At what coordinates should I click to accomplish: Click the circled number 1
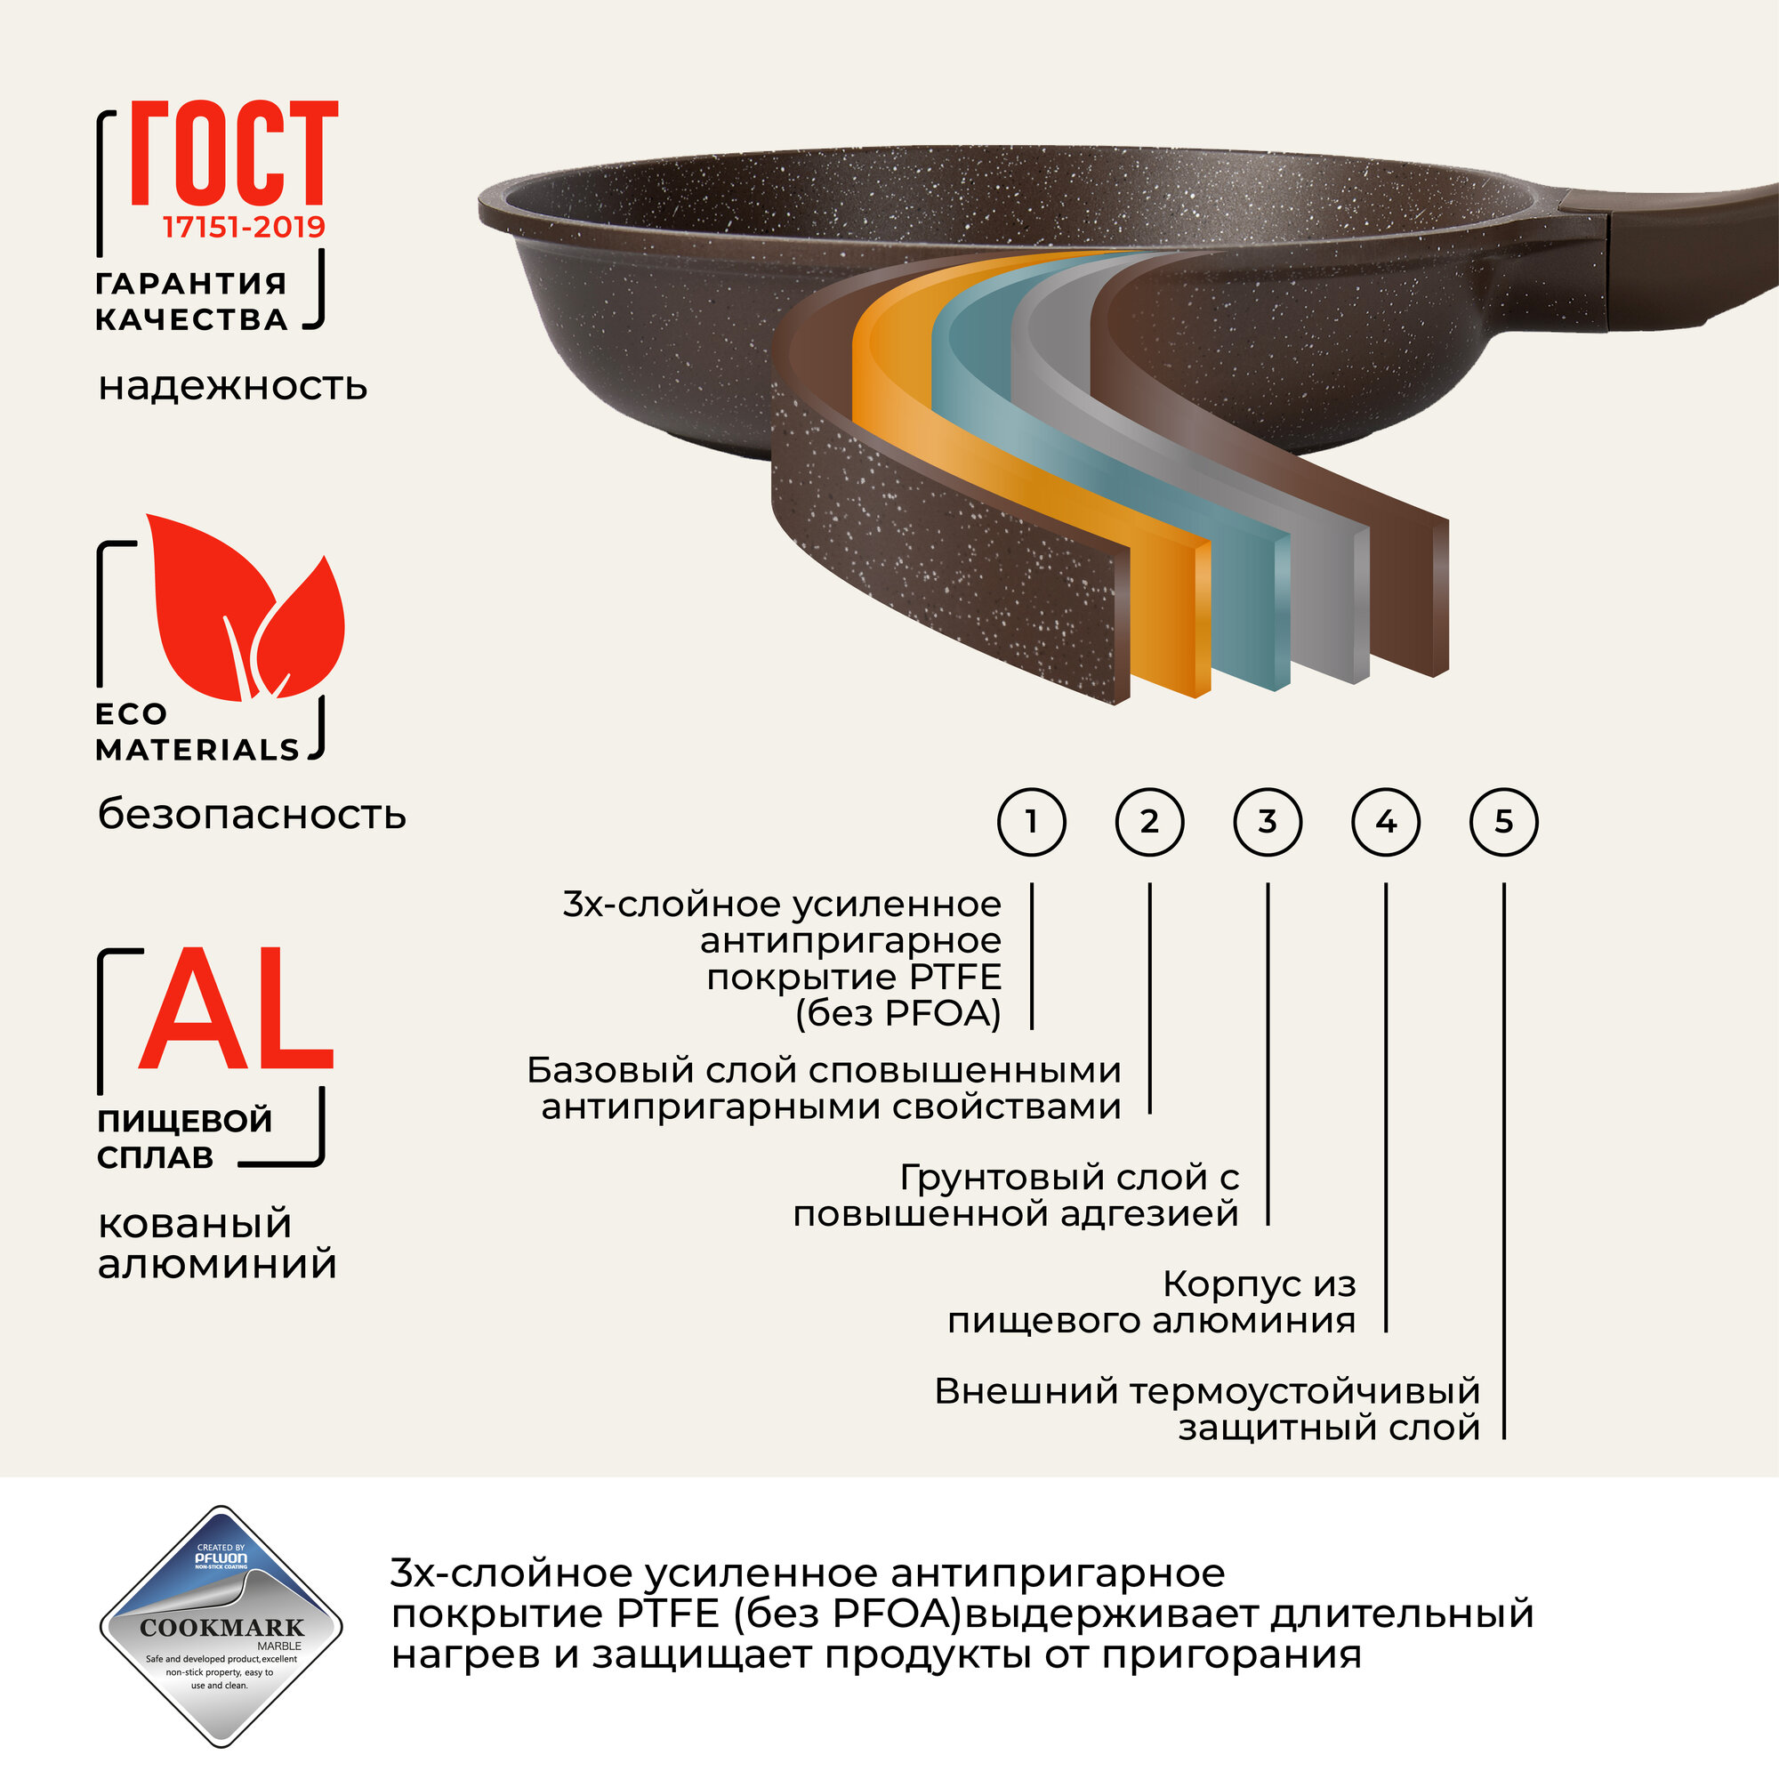(x=1031, y=821)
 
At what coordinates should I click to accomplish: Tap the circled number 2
(x=1149, y=821)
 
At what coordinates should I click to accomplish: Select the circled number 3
(x=1267, y=821)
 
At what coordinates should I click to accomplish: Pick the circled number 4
(x=1386, y=821)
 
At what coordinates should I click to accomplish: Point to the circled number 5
(x=1503, y=821)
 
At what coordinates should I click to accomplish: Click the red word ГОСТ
(x=234, y=154)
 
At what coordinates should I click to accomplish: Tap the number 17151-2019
(x=244, y=227)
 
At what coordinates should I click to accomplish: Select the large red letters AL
(x=236, y=1010)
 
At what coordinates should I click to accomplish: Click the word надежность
(x=233, y=387)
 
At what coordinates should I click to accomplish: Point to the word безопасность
(x=252, y=815)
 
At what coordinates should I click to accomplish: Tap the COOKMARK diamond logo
(x=221, y=1627)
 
